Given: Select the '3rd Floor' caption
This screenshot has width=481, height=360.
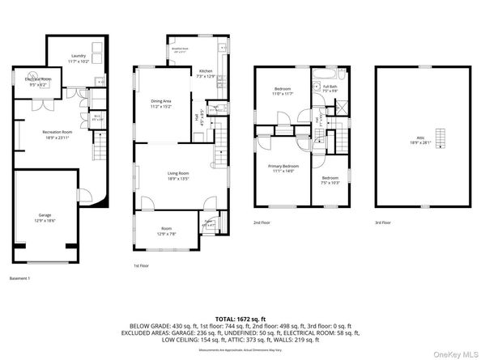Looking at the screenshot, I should click(383, 222).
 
